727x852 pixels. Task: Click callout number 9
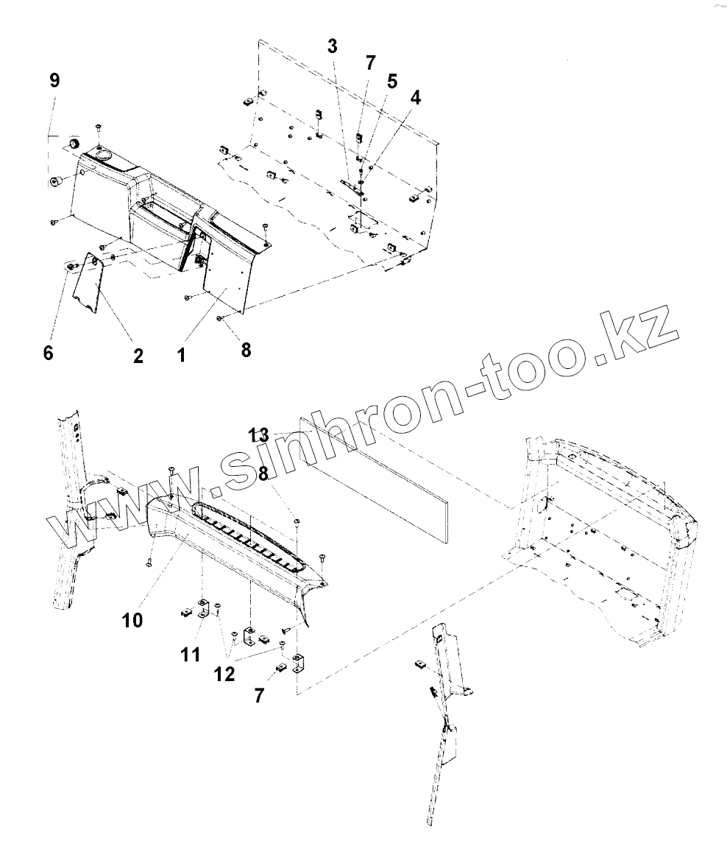tap(54, 80)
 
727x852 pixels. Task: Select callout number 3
tap(333, 46)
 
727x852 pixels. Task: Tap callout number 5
tap(392, 81)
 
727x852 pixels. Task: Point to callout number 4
tap(416, 97)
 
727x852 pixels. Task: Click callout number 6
tap(49, 353)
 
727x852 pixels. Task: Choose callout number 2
tap(138, 356)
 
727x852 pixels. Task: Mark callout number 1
tap(181, 355)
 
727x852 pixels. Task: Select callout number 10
tap(133, 620)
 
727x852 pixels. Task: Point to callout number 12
tap(225, 674)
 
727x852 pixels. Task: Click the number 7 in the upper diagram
tap(370, 62)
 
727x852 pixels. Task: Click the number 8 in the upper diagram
tap(247, 351)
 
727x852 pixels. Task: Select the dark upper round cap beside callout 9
tap(74, 143)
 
